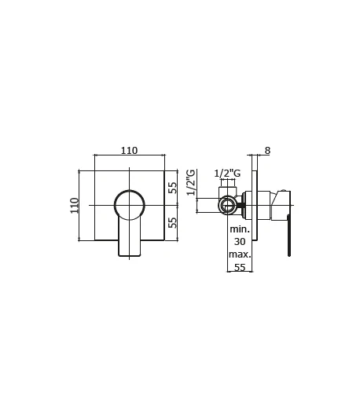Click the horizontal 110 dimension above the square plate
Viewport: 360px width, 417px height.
[130, 151]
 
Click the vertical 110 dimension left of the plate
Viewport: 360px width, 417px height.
[75, 205]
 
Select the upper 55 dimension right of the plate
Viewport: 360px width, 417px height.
[173, 188]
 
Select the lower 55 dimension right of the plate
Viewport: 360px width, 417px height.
[173, 223]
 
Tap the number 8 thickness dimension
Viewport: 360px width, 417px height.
[267, 151]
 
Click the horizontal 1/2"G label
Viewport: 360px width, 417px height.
[227, 174]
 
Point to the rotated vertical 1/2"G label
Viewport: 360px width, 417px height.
[191, 182]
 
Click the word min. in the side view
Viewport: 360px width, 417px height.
[240, 229]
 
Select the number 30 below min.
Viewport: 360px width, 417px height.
[240, 241]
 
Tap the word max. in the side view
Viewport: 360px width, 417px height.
[240, 254]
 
